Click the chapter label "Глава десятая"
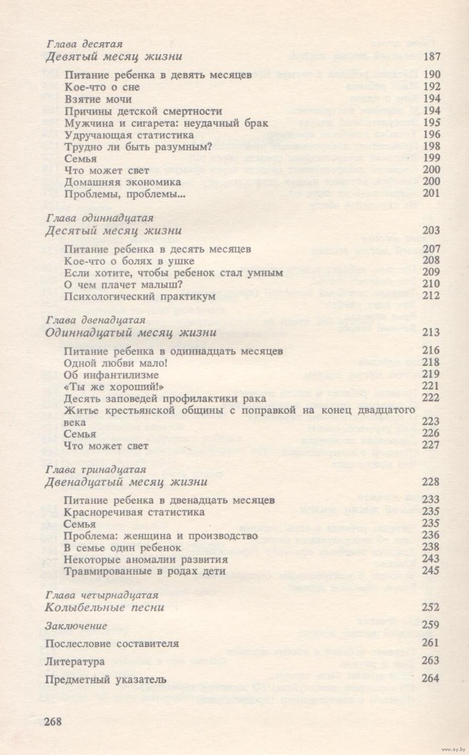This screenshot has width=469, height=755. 84,44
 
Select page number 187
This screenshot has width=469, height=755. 432,56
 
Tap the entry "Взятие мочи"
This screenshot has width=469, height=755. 98,99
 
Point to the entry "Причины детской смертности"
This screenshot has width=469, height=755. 143,111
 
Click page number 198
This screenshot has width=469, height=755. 432,146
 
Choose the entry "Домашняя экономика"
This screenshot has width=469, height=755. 123,182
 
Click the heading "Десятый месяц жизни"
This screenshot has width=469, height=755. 113,231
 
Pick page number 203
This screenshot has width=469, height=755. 432,231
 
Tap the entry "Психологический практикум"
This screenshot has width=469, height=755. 140,296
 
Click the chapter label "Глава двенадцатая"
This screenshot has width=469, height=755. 95,320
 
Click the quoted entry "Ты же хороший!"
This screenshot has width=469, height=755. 115,386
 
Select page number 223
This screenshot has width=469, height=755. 432,421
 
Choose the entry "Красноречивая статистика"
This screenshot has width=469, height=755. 134,512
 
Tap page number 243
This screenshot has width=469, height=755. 432,559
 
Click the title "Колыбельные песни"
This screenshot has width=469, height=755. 105,607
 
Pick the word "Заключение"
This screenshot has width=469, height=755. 76,626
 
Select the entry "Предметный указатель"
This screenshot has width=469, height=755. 106,680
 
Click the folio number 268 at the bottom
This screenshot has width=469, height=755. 53,722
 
